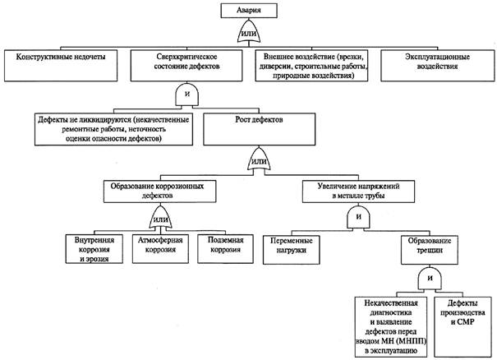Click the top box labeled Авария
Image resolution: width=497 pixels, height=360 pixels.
point(249,11)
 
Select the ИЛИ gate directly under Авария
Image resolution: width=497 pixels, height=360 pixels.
point(249,32)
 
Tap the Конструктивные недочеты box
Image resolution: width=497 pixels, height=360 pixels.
point(61,66)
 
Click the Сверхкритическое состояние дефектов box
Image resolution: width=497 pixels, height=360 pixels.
point(186,66)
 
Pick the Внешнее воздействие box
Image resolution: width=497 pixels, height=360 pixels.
point(311,66)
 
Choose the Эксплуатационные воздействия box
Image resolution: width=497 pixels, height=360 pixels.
point(437,66)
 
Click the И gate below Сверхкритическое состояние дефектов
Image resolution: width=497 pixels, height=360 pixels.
point(187,95)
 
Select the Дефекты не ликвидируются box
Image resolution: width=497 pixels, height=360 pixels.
point(114,129)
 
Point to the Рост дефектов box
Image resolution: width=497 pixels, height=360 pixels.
point(260,129)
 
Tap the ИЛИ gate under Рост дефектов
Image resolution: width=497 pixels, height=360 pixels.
point(259,159)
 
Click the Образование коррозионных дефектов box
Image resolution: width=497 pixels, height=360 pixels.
point(160,192)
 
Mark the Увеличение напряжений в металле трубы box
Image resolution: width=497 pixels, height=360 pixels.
point(358,192)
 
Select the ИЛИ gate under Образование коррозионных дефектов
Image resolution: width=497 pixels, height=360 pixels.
point(161,218)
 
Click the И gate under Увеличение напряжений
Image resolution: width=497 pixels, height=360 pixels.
point(358,217)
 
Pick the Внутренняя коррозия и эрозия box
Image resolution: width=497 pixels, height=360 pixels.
point(94,249)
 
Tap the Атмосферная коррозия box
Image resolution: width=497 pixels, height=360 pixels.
point(160,249)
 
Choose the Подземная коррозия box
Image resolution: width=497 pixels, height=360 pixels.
point(225,249)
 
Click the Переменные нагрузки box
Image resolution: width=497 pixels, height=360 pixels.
point(292,250)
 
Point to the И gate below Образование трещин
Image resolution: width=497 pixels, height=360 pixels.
point(430,278)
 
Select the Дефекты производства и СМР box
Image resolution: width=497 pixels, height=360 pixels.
point(462,327)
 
